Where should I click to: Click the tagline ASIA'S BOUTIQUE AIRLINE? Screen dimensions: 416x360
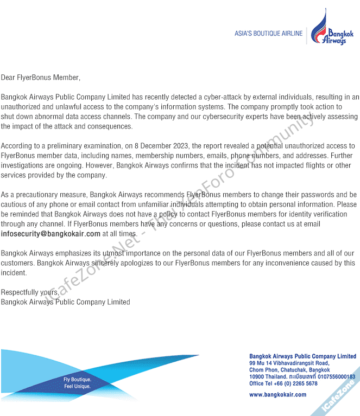click(x=268, y=34)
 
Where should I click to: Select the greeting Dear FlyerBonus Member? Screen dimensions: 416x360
click(x=40, y=78)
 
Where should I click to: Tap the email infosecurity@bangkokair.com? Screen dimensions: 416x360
click(x=50, y=234)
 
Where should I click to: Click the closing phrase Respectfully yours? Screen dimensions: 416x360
click(x=30, y=292)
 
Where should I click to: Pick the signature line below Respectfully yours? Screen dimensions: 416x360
click(x=65, y=302)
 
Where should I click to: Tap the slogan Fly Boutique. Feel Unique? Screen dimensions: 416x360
click(x=77, y=383)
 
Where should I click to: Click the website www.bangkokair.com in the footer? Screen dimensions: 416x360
click(x=277, y=395)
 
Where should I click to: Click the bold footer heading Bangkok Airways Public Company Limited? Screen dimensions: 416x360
click(x=302, y=356)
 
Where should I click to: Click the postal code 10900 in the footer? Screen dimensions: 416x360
click(x=257, y=376)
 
